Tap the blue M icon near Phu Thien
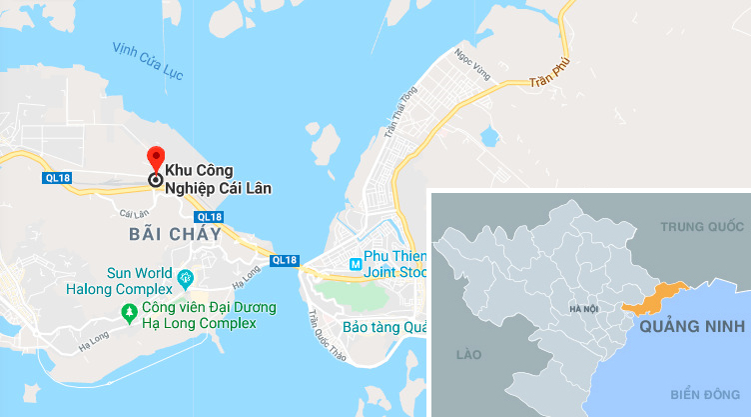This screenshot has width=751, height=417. coord(353,264)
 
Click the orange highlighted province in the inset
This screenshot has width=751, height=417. coord(654,296)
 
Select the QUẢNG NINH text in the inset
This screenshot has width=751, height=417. coord(693,326)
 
